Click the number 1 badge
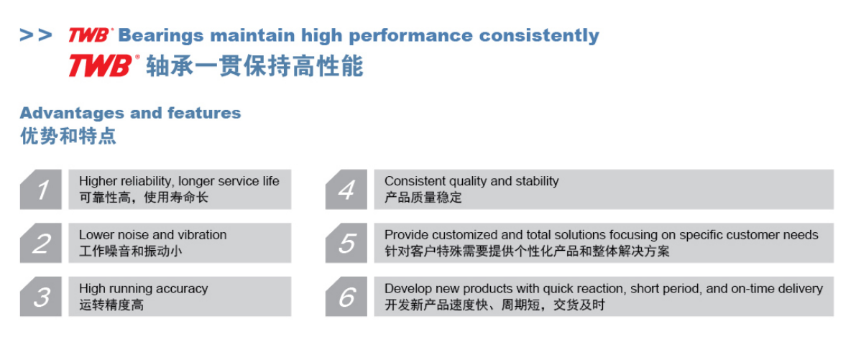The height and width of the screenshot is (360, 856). point(42,189)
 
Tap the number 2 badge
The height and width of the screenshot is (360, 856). point(42,243)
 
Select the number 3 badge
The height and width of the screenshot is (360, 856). point(42,296)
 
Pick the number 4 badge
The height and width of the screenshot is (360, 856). point(346,189)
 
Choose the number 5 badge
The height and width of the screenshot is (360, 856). point(346,243)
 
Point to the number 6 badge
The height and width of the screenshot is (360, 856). point(346,296)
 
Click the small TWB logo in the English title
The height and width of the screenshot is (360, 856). point(91,35)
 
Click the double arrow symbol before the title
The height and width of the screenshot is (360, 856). point(36,35)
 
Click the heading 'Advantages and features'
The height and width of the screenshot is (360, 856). point(131,113)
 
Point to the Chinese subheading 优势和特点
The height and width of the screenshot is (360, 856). point(68,136)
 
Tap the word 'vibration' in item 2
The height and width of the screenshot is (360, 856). point(203,235)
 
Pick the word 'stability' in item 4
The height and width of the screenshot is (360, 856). point(538,181)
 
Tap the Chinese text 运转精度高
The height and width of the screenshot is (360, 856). point(111,305)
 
